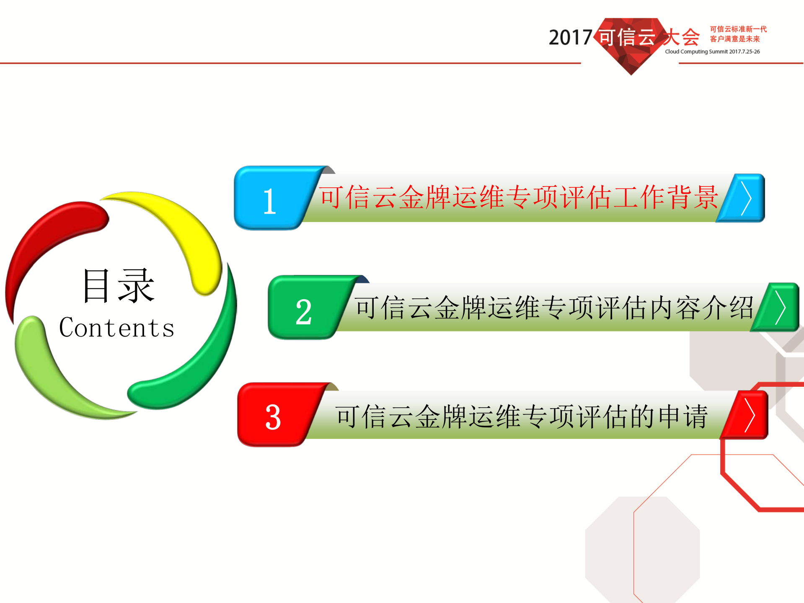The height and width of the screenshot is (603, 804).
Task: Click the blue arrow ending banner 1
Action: [x=744, y=198]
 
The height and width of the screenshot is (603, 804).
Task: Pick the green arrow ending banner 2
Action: [x=778, y=308]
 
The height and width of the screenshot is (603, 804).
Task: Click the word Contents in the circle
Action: [x=116, y=328]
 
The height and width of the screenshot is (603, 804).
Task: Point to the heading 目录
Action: [x=119, y=286]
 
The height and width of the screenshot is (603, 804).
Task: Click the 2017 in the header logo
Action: [x=570, y=38]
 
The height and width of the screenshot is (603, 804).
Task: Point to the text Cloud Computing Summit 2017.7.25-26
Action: [x=712, y=52]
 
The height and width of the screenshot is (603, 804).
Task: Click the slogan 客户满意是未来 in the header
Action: [x=735, y=39]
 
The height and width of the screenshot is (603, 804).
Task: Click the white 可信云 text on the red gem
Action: [x=627, y=37]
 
